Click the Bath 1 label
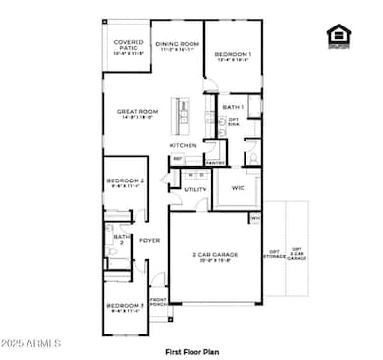pyautogui.click(x=233, y=107)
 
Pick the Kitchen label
pyautogui.click(x=184, y=145)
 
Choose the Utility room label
pyautogui.click(x=194, y=189)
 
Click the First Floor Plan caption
pyautogui.click(x=191, y=349)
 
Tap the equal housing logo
pyautogui.click(x=339, y=35)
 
